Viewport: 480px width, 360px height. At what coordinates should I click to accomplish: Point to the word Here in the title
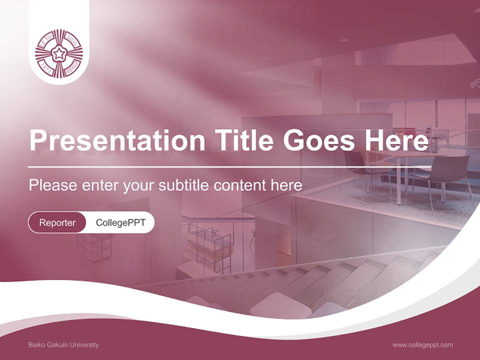click(x=396, y=140)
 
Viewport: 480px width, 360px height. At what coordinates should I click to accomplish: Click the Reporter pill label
click(x=57, y=222)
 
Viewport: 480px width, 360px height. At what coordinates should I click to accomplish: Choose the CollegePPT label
click(x=120, y=222)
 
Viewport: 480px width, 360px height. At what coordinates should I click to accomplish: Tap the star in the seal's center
click(x=59, y=53)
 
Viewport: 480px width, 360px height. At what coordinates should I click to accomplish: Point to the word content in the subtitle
click(x=240, y=185)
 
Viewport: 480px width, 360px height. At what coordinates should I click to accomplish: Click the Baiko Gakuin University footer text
click(x=63, y=344)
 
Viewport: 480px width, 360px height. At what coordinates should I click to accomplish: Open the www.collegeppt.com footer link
click(x=422, y=344)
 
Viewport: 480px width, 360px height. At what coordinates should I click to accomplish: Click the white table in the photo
click(x=400, y=157)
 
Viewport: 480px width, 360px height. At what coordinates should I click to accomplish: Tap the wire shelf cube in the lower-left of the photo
click(x=94, y=247)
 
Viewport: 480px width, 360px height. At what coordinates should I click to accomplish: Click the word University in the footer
click(x=85, y=344)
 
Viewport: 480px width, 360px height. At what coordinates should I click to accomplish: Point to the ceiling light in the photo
click(x=344, y=40)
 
